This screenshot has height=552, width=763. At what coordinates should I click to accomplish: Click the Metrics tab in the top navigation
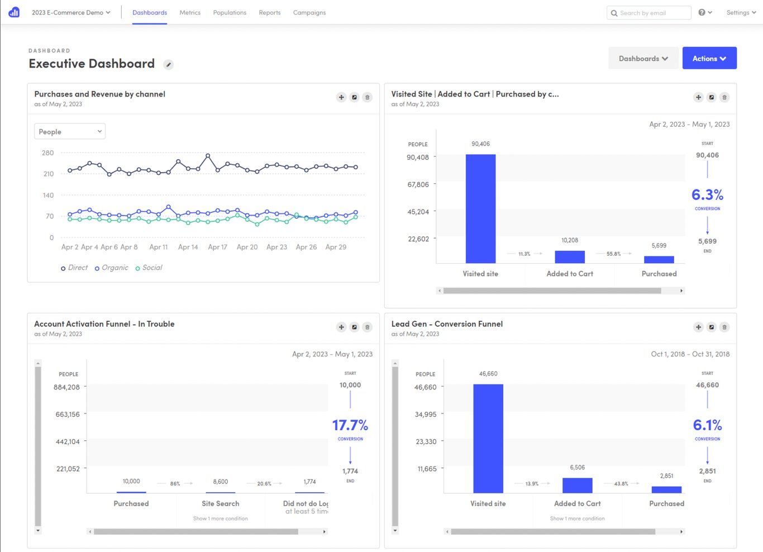coord(190,12)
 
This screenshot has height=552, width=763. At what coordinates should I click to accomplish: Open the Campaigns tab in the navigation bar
coord(309,12)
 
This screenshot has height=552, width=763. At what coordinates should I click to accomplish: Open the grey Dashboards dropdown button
coord(643,59)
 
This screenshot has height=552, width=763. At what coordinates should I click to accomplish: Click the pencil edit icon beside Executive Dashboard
coord(168,65)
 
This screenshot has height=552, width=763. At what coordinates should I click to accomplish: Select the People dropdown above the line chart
coord(70,132)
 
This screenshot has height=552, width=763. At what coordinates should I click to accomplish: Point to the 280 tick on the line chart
coord(48,153)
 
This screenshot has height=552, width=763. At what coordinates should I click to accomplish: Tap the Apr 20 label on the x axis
coord(247,247)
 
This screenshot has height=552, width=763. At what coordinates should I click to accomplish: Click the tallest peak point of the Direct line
coord(208,155)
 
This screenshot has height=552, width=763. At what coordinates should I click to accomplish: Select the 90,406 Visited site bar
coord(480,208)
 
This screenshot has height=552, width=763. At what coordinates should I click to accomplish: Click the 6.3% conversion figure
coord(707,195)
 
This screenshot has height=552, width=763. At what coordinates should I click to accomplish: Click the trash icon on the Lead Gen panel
coord(724,327)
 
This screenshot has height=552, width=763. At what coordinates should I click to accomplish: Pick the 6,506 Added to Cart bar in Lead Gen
coord(577,485)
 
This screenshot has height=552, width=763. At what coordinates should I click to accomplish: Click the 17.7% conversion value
coord(350,425)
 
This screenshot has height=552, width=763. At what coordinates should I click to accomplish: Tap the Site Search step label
coord(220,503)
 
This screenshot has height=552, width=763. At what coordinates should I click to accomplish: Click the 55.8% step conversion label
coord(613,254)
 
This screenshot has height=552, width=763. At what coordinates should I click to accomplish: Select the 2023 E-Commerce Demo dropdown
coord(71,12)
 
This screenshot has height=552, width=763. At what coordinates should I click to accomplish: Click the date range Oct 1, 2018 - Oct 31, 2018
coord(690,354)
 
